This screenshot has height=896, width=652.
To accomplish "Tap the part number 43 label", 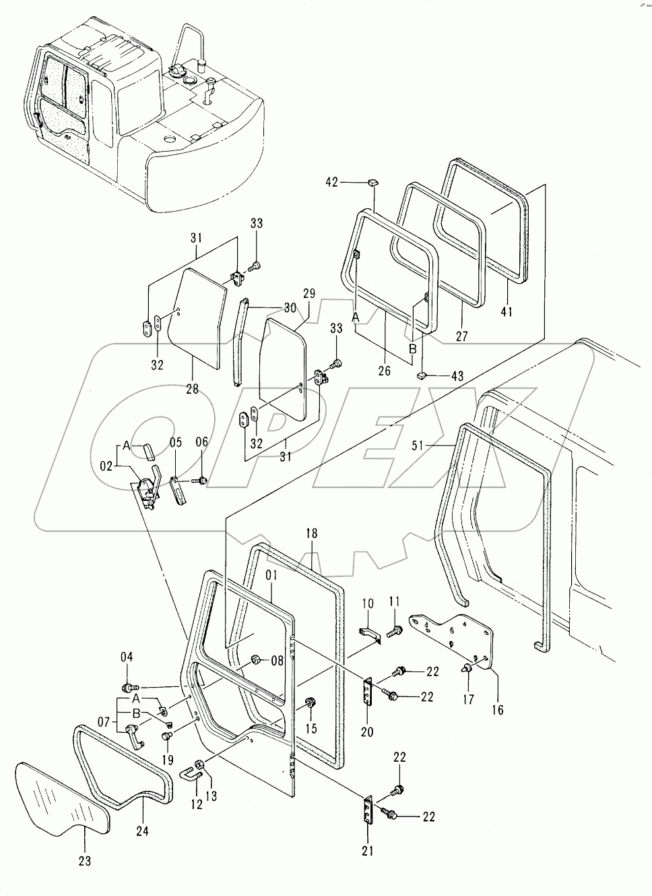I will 457,376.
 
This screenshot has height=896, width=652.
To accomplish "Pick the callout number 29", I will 308,295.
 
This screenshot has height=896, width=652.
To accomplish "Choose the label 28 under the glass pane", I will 192,390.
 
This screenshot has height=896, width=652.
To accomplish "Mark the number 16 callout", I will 497,709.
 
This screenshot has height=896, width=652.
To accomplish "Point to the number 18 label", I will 311,533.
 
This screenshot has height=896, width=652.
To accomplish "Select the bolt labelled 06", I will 201,481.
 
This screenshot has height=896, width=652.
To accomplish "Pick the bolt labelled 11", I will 395,631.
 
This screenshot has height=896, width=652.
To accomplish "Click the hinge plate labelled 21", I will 368,809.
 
